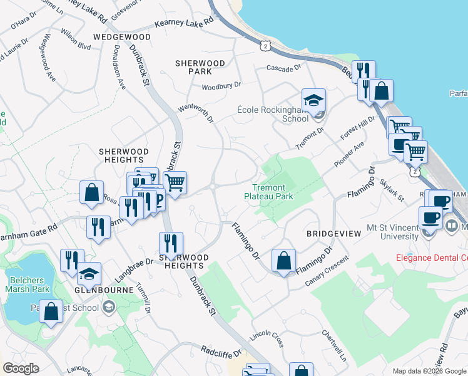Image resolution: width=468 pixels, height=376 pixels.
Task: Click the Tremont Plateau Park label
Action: tap(268, 192)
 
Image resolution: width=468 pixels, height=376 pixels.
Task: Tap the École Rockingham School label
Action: tap(273, 113)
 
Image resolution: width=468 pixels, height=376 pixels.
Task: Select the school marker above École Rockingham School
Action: tap(313, 100)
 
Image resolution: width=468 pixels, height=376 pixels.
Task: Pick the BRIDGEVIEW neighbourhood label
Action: tap(333, 233)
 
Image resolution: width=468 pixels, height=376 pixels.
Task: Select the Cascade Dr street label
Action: tap(283, 67)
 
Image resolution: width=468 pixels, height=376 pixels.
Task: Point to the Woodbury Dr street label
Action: tap(221, 85)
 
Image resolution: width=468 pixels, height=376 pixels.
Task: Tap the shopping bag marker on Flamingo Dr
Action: tap(283, 260)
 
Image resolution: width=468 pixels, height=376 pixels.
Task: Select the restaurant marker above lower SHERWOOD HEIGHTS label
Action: tap(171, 243)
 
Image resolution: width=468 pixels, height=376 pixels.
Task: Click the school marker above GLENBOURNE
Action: tap(89, 273)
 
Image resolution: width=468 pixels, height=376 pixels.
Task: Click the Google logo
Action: tap(21, 368)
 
